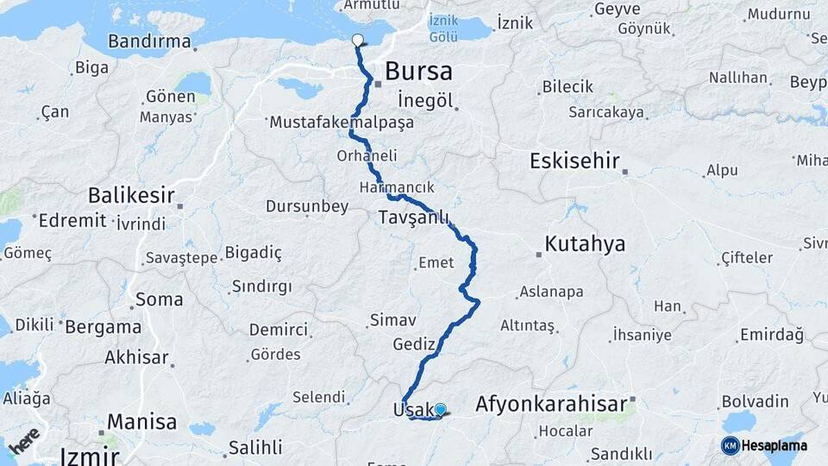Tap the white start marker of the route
(358, 39)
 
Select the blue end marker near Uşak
(441, 409)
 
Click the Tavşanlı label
(414, 218)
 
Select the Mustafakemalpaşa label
(342, 123)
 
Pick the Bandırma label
(149, 41)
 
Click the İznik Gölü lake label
(442, 28)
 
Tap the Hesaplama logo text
(775, 445)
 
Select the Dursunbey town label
(307, 206)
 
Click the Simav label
(393, 320)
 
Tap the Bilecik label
(568, 87)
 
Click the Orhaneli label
(366, 155)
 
